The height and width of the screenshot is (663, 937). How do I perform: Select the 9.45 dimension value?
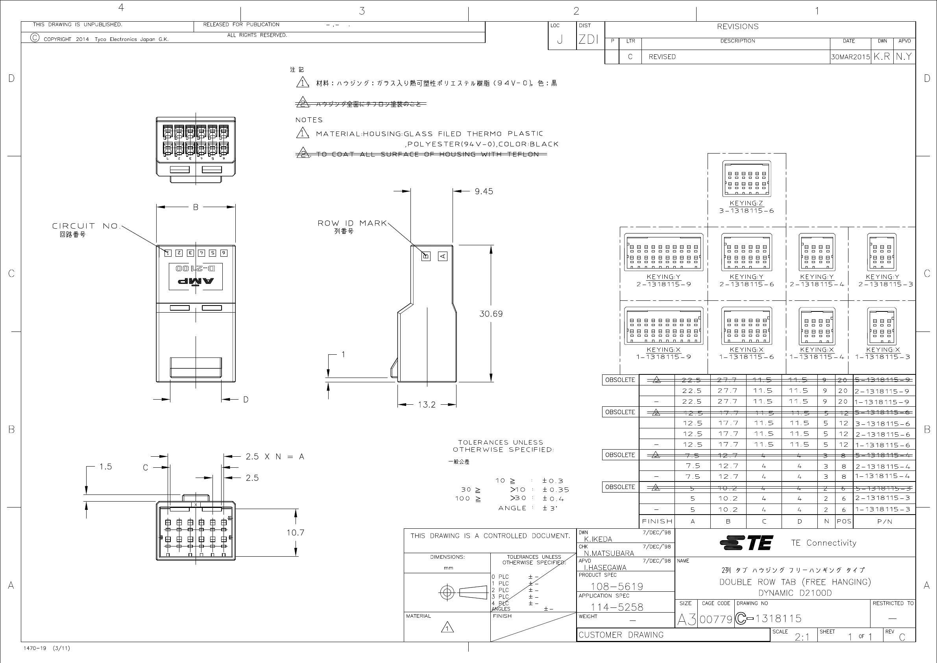[484, 191]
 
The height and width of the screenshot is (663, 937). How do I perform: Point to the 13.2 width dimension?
[427, 405]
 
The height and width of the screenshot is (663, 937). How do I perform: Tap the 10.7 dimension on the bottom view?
[295, 532]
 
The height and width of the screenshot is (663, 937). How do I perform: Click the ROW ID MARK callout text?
[352, 223]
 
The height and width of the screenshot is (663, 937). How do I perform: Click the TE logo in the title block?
[747, 543]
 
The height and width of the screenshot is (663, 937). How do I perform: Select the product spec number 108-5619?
[617, 586]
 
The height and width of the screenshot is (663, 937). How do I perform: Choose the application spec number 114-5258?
[617, 607]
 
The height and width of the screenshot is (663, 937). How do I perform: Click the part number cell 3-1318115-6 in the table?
[883, 424]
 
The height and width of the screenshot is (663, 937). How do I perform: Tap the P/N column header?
[884, 521]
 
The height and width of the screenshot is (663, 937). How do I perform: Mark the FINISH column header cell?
[657, 521]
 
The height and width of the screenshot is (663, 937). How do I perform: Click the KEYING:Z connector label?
[746, 203]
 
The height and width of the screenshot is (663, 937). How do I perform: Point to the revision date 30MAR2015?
[850, 57]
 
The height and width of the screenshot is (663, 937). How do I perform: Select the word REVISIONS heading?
[737, 26]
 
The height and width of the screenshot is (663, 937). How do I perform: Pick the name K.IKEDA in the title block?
[598, 539]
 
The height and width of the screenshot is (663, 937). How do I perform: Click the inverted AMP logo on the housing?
[196, 281]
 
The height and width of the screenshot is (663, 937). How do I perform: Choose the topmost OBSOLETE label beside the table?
[620, 380]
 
